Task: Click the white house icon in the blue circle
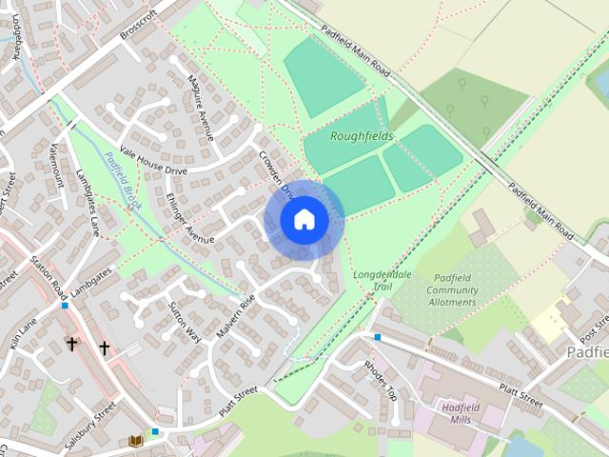[304, 219]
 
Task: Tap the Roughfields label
[361, 136]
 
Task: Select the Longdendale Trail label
[382, 281]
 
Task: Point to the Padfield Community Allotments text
[452, 289]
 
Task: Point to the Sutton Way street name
[185, 321]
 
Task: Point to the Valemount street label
[54, 165]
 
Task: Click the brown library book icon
[135, 441]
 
